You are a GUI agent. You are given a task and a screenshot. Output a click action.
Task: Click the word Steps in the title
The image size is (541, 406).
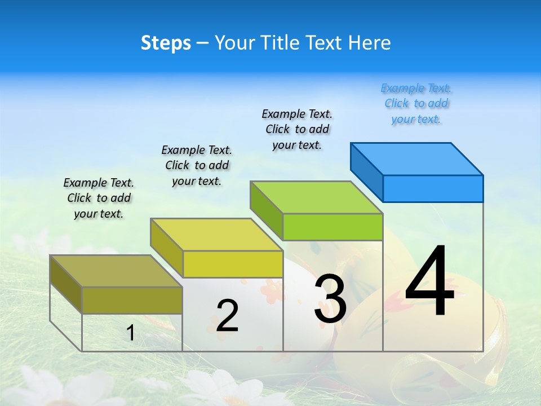pyautogui.click(x=166, y=43)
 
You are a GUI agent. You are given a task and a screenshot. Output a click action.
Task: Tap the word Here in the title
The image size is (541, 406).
pyautogui.click(x=370, y=43)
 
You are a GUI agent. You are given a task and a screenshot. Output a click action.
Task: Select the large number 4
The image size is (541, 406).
pyautogui.click(x=429, y=282)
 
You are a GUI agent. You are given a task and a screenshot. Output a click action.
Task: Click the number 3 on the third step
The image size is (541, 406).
pyautogui.click(x=330, y=299)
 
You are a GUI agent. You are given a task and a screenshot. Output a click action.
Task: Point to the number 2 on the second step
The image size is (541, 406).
pyautogui.click(x=227, y=316)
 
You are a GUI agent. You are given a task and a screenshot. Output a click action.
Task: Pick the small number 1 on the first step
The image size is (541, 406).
pyautogui.click(x=130, y=333)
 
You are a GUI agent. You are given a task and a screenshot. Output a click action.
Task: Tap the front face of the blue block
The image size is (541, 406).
pyautogui.click(x=433, y=188)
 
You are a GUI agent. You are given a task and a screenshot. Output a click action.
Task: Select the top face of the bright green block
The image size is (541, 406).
pyautogui.click(x=317, y=197)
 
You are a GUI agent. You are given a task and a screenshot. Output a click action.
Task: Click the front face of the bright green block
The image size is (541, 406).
pyautogui.click(x=332, y=227)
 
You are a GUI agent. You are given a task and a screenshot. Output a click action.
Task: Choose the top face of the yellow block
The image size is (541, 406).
pyautogui.click(x=216, y=235)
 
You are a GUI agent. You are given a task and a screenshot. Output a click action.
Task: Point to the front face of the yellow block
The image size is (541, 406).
pyautogui.click(x=233, y=264)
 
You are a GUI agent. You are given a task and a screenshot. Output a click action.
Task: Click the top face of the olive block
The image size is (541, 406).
pyautogui.click(x=116, y=271)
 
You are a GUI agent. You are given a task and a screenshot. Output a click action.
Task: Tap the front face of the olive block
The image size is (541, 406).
pyautogui.click(x=132, y=300)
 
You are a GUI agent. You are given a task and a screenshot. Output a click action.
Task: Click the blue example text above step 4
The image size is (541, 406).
pyautogui.click(x=416, y=104)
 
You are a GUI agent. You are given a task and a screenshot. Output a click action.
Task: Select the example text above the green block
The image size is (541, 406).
pyautogui.click(x=297, y=129)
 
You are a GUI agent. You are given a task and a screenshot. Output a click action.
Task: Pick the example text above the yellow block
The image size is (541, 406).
pyautogui.click(x=197, y=165)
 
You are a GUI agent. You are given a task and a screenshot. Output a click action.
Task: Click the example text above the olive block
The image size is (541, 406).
pyautogui.click(x=99, y=198)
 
